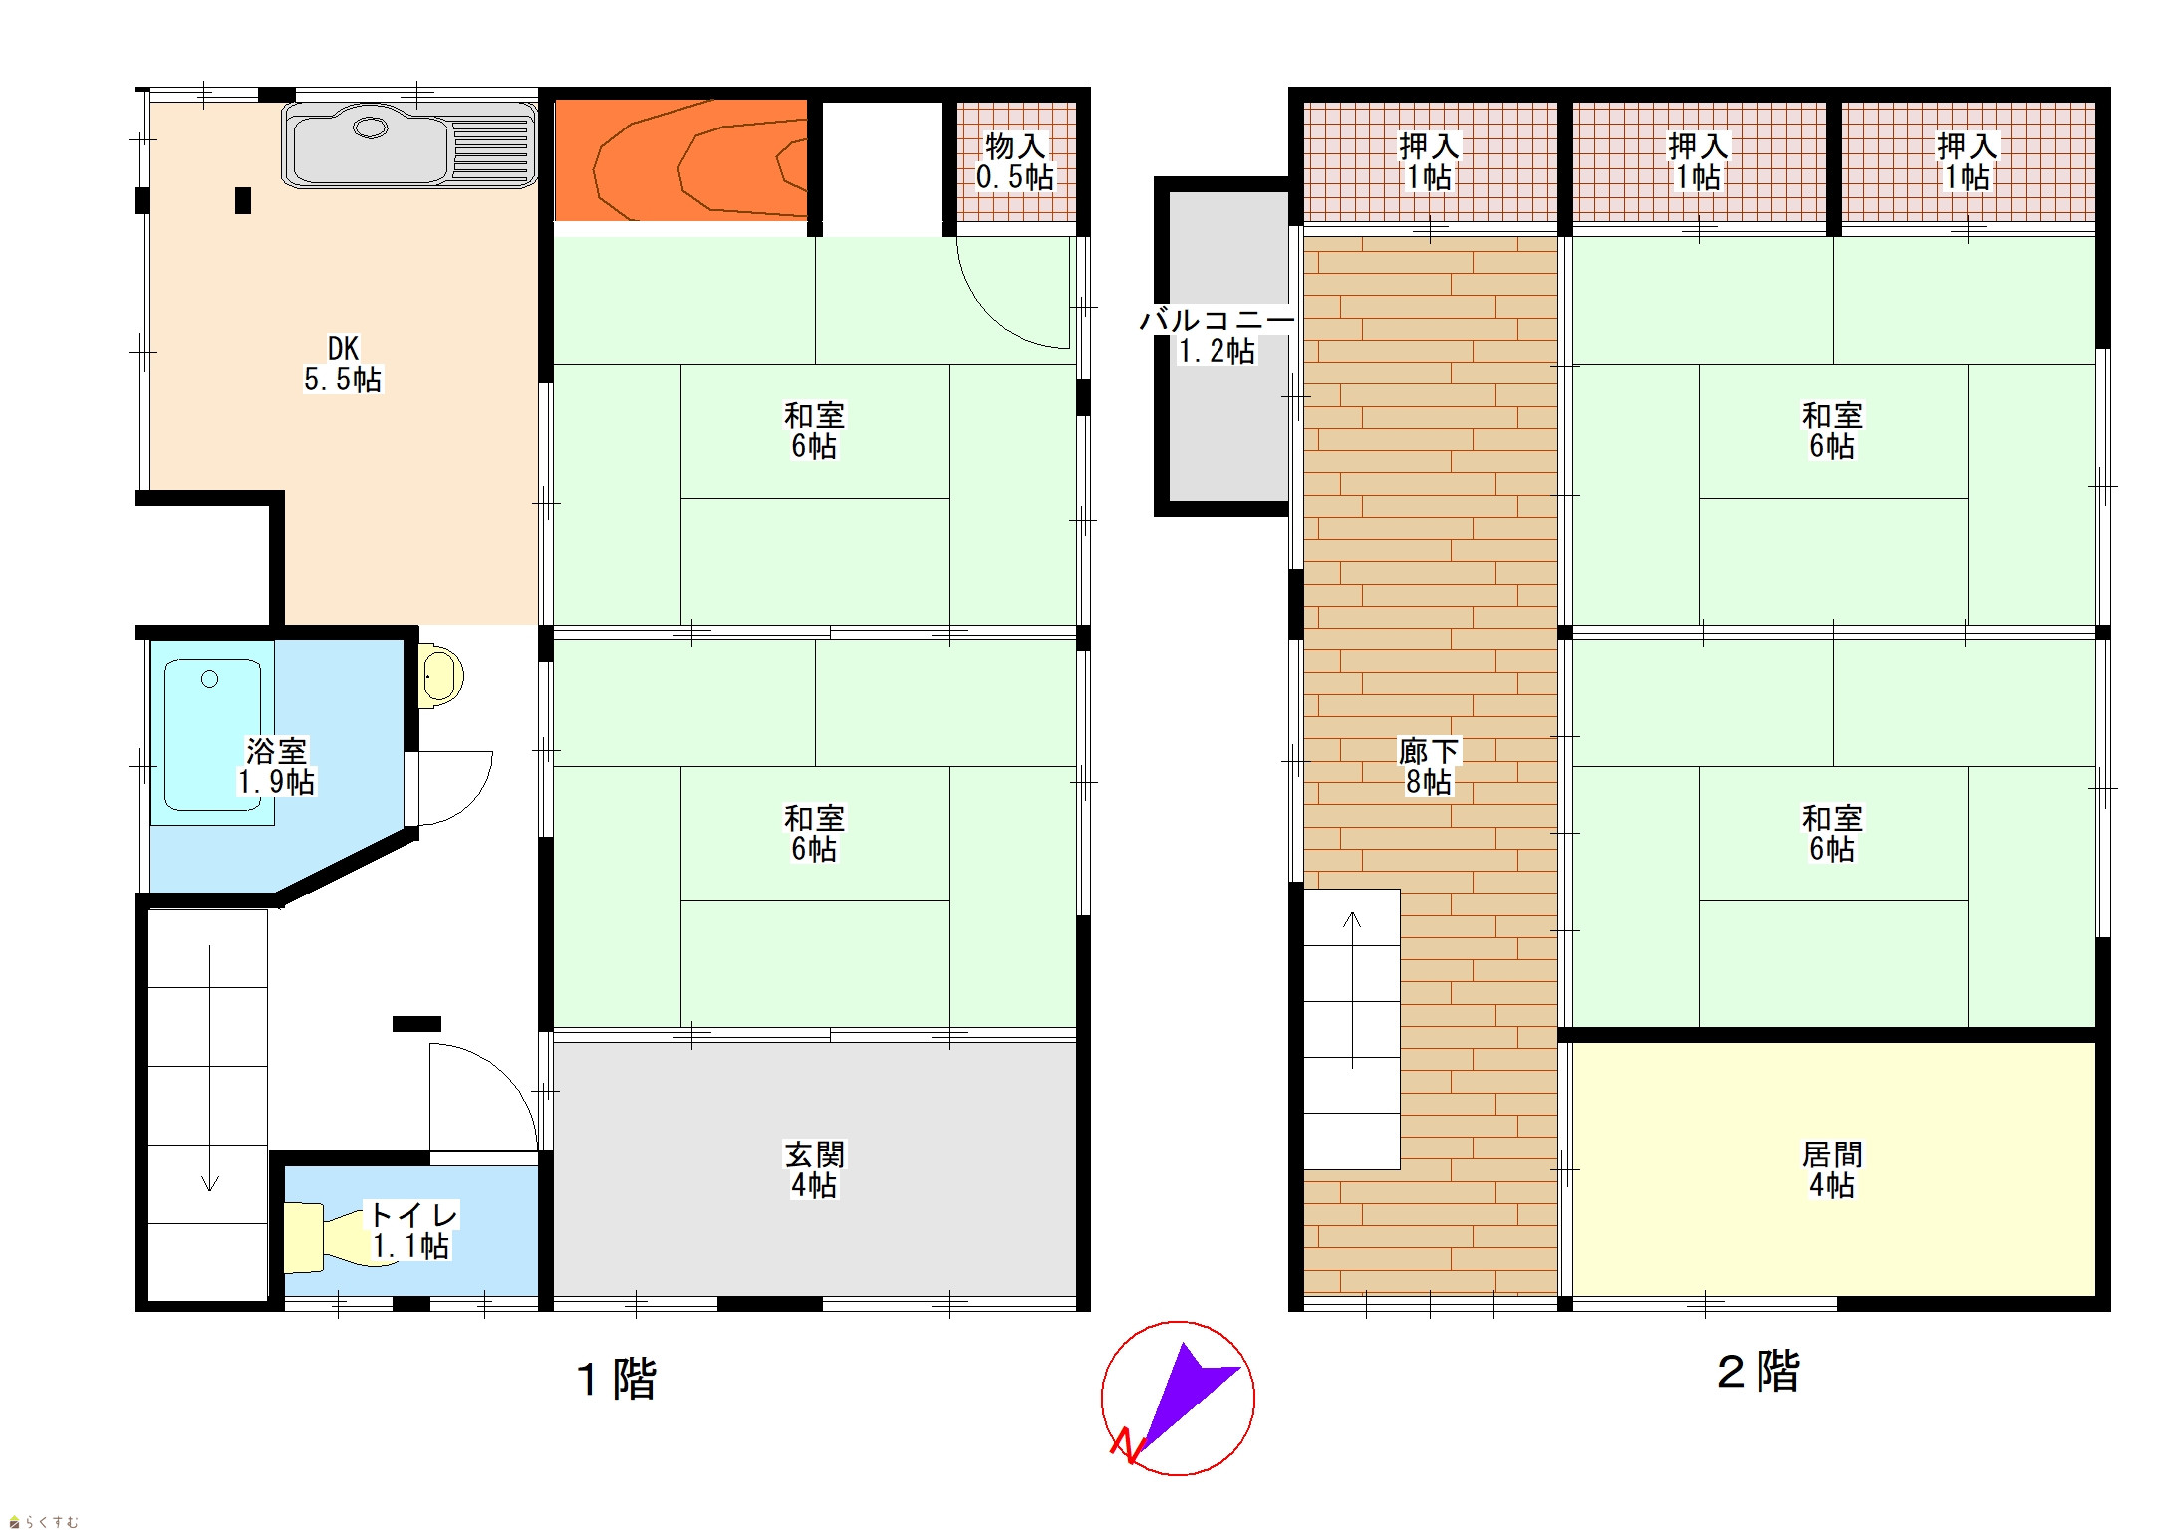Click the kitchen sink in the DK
pos(409,145)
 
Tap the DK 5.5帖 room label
pos(343,365)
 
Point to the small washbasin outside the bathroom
pos(440,676)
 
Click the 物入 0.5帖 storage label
pos(1015,162)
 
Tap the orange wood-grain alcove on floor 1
pos(680,159)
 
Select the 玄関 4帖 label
pos(814,1170)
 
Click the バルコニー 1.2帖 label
pos(1217,336)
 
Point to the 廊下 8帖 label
pos(1429,767)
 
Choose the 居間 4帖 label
pos(1832,1170)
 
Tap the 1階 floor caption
pos(617,1379)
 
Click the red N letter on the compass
pos(1126,1446)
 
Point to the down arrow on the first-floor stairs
pos(210,1068)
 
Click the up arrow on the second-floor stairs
pos(1352,990)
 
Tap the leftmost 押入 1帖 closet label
pos(1429,162)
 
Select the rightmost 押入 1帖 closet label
pos(1967,162)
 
